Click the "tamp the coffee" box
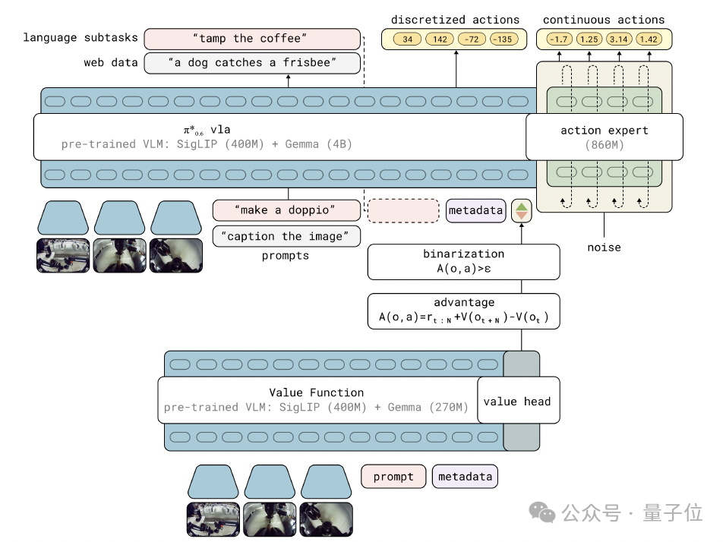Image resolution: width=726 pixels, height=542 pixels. (x=251, y=39)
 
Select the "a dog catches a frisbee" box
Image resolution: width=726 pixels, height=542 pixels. (x=251, y=63)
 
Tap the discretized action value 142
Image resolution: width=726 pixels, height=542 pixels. (x=440, y=39)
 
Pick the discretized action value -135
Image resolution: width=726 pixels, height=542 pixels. (x=502, y=39)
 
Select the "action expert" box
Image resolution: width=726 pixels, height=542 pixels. (x=604, y=137)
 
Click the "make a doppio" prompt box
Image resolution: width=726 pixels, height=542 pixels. (x=286, y=210)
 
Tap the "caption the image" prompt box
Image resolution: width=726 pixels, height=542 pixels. (x=286, y=236)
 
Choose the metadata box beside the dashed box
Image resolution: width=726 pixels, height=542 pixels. (x=475, y=210)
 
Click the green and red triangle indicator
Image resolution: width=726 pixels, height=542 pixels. (x=522, y=210)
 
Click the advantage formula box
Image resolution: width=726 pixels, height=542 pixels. (x=463, y=311)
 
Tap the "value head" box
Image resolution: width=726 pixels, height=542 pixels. (x=517, y=401)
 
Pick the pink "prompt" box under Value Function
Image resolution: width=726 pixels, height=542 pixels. (x=393, y=476)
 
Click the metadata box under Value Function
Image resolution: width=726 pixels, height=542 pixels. (x=465, y=476)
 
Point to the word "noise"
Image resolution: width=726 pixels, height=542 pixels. (x=604, y=247)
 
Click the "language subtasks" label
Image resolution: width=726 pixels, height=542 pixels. (x=80, y=38)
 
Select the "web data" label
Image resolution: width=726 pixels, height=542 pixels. (x=110, y=63)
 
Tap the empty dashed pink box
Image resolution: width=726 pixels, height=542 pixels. (x=403, y=210)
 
